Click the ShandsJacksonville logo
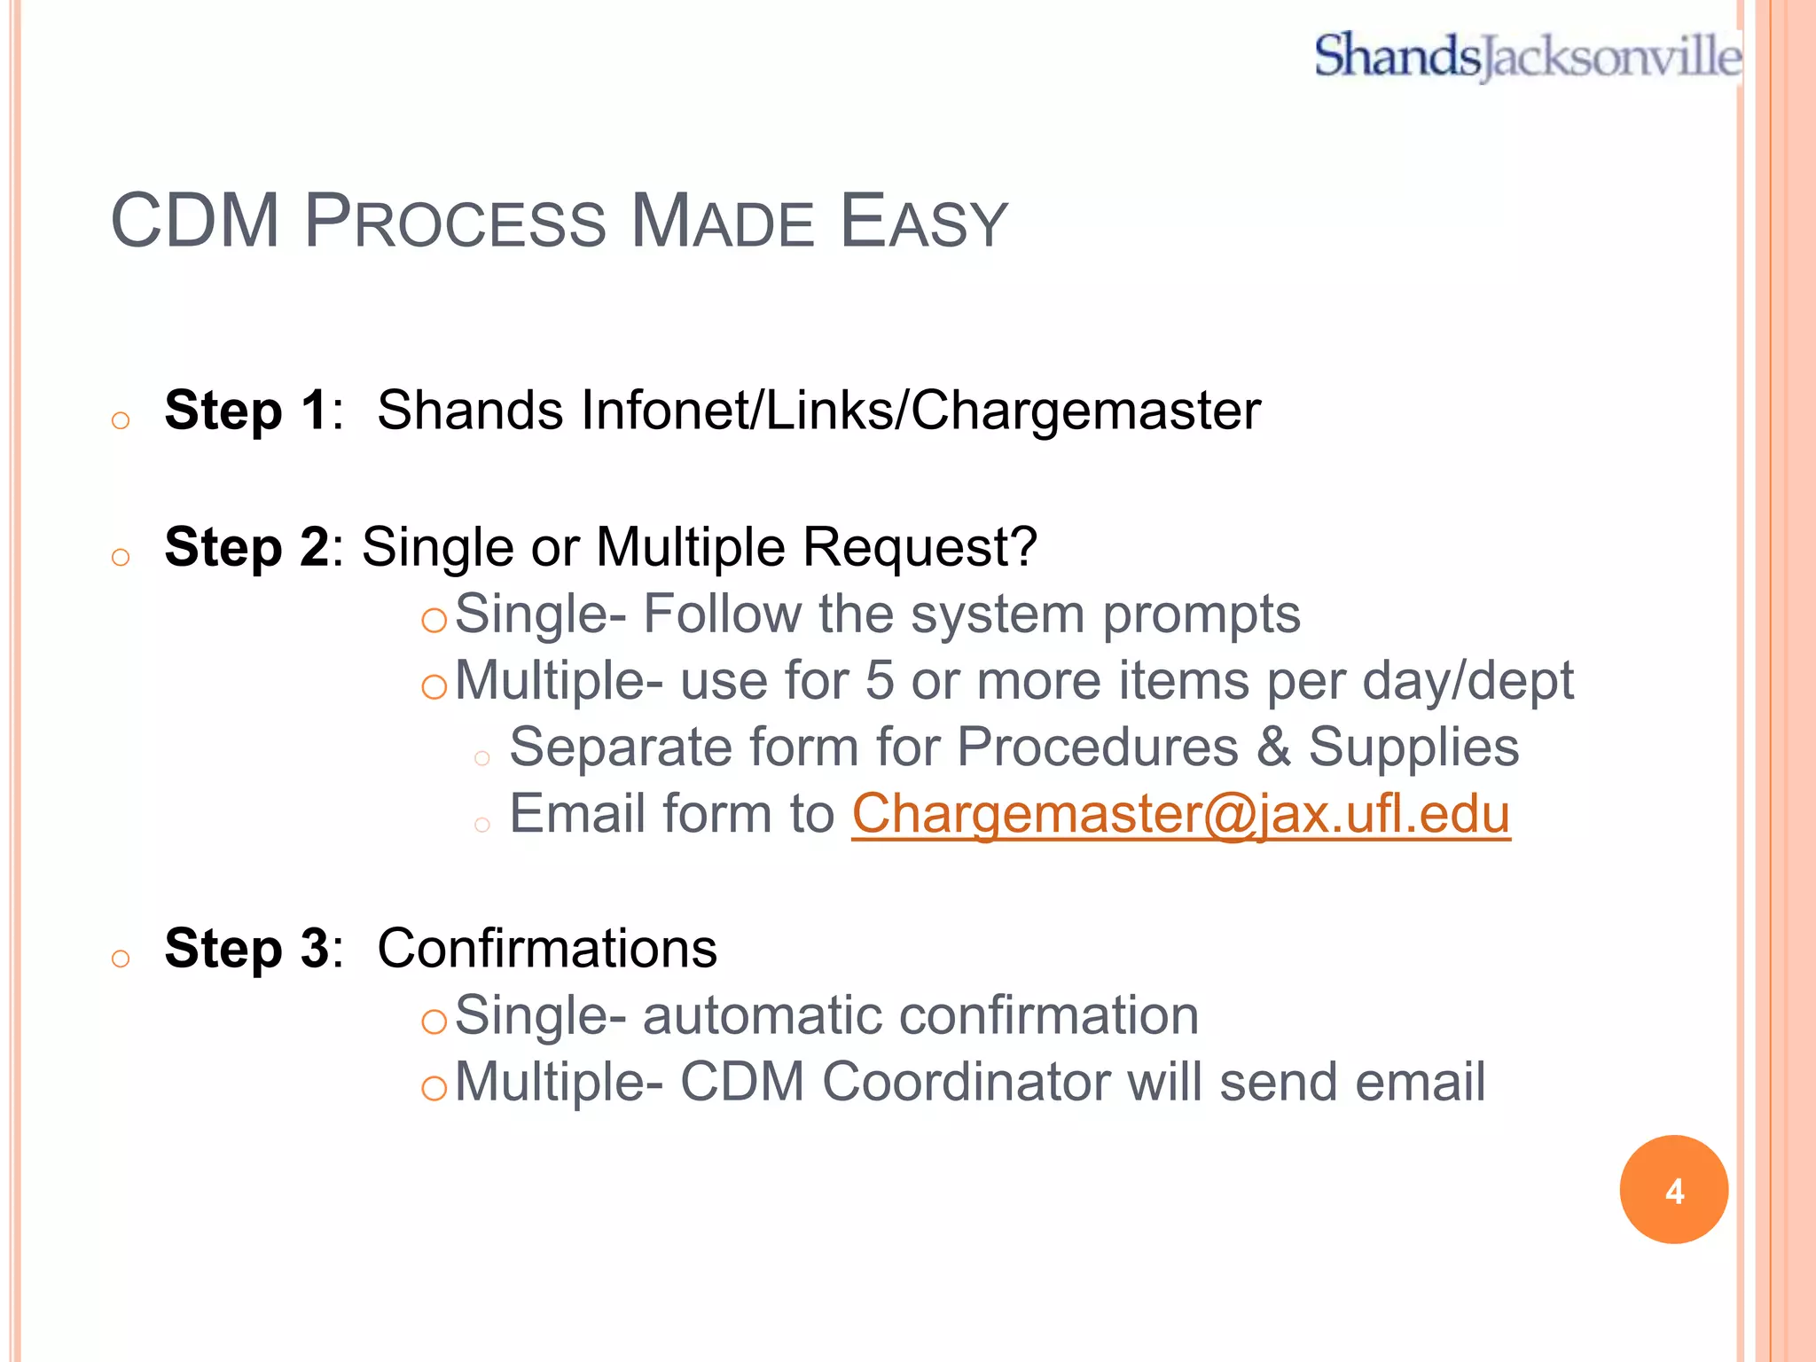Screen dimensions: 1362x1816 pos(1527,56)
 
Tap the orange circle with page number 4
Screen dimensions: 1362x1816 pos(1673,1190)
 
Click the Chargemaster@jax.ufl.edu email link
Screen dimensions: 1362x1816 pos(1180,814)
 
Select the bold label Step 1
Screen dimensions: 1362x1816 pos(247,411)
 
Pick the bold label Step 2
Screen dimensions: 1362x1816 pos(247,547)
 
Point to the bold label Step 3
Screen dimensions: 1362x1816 pos(247,949)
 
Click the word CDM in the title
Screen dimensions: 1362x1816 pos(195,221)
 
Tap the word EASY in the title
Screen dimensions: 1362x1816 pos(923,221)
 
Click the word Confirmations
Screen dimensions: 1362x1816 pos(546,949)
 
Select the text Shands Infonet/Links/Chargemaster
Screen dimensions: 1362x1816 pos(818,411)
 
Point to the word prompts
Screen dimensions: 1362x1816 pos(1201,614)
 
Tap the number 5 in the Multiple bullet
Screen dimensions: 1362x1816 pos(879,681)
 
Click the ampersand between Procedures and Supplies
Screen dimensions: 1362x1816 pos(1273,747)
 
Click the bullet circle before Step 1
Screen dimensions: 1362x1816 pos(121,420)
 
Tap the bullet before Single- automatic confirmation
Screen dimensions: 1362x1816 pos(434,1022)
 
